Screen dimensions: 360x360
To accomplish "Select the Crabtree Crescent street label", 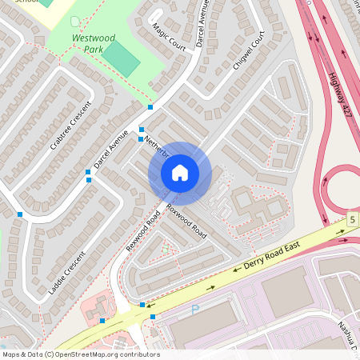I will [71, 125].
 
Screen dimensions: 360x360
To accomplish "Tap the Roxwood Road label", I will [186, 221].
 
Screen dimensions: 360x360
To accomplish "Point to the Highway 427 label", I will [339, 92].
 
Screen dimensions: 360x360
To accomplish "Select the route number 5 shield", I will [352, 218].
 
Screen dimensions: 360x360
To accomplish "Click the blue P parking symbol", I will [194, 309].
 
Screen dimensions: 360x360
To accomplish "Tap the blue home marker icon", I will [180, 173].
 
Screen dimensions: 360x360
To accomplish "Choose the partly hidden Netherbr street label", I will [157, 145].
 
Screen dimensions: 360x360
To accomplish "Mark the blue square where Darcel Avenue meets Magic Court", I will [150, 107].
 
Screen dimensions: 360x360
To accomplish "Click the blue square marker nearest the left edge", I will [19, 214].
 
